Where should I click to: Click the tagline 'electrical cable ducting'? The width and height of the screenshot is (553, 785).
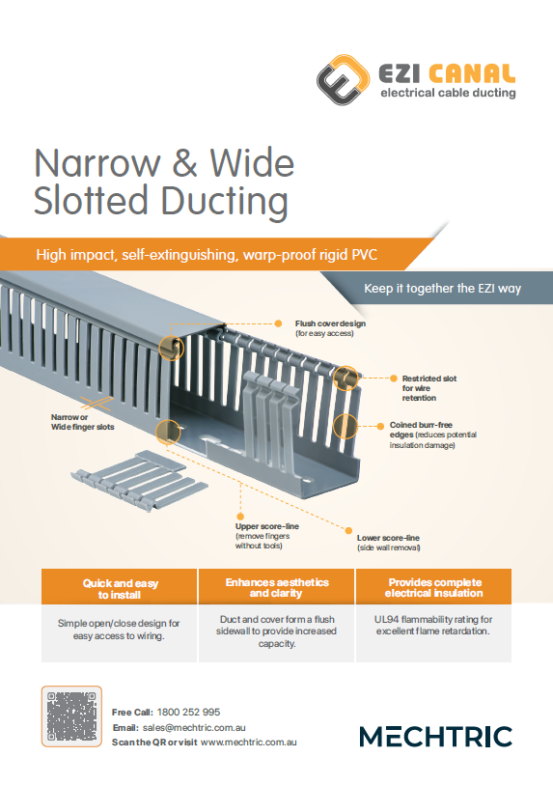(448, 94)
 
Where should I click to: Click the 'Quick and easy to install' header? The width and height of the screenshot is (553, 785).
(120, 589)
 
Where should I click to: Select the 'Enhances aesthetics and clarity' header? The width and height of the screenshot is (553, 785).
(276, 588)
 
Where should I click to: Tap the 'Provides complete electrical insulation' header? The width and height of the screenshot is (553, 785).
(433, 588)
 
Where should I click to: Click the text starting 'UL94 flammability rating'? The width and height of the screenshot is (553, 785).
(433, 625)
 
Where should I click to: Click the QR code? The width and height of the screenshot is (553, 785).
(71, 715)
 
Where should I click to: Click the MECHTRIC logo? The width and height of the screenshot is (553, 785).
(435, 737)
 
